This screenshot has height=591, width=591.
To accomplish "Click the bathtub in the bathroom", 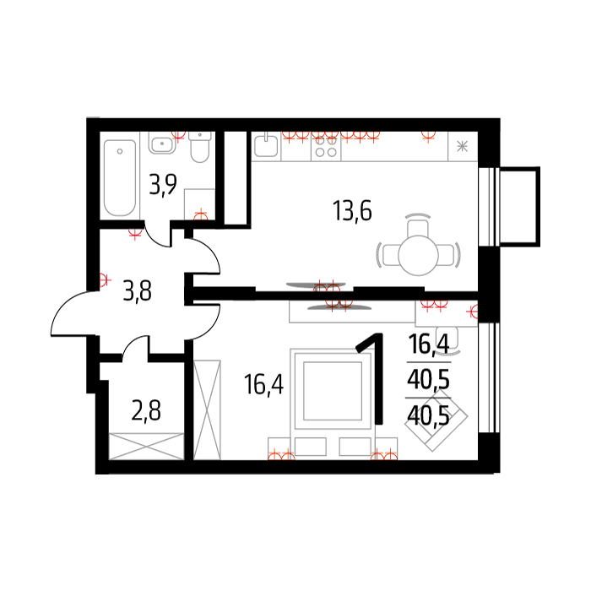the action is [x=120, y=178].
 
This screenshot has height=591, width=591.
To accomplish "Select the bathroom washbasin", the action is [x=162, y=143].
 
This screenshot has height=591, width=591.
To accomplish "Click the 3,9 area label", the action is [x=163, y=184].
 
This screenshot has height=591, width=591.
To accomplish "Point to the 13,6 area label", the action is [x=352, y=211].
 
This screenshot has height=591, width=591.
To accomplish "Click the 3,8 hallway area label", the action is [x=137, y=292].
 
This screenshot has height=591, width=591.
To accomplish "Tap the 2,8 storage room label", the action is [x=146, y=410].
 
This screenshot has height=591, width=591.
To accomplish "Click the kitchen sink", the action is [x=266, y=144].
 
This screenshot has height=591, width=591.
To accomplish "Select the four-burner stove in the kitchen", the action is [x=326, y=147].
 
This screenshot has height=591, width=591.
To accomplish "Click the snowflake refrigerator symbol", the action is [x=462, y=146].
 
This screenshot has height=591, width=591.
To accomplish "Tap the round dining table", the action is [x=418, y=255].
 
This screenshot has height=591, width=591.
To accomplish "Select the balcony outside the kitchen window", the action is [x=520, y=207].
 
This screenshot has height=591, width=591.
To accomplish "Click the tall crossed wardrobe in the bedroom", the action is [x=207, y=409].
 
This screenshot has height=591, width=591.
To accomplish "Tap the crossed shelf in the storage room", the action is [x=146, y=447].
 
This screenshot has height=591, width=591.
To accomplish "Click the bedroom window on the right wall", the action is [x=489, y=377].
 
